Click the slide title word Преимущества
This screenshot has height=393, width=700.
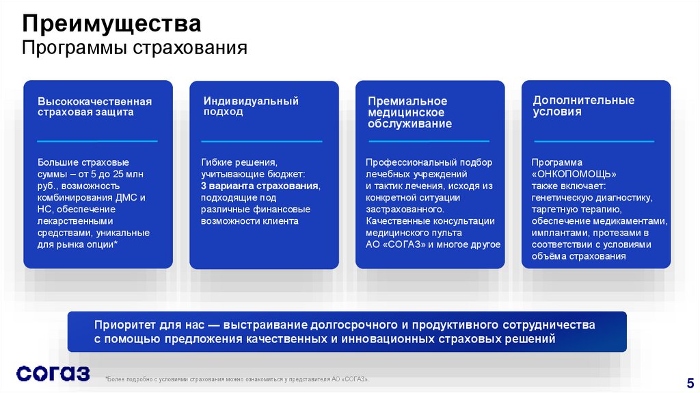click(111, 25)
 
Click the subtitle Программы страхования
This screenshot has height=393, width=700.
click(134, 49)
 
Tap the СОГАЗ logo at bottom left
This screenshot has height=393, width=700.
click(53, 373)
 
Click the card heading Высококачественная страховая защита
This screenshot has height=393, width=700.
click(94, 107)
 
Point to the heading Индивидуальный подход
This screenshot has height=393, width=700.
click(251, 106)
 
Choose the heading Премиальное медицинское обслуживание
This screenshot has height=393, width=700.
click(409, 112)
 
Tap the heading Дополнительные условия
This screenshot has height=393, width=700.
click(584, 105)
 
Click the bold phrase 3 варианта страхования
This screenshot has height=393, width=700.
click(260, 186)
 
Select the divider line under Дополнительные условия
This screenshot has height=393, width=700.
click(593, 141)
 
